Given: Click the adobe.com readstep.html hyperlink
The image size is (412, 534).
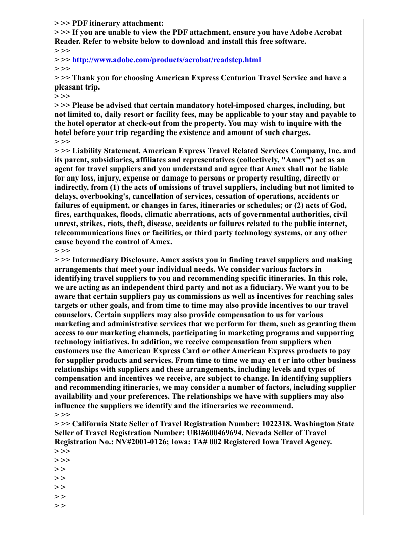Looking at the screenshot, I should (x=167, y=60).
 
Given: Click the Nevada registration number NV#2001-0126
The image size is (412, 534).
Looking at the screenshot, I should (x=128, y=442).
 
